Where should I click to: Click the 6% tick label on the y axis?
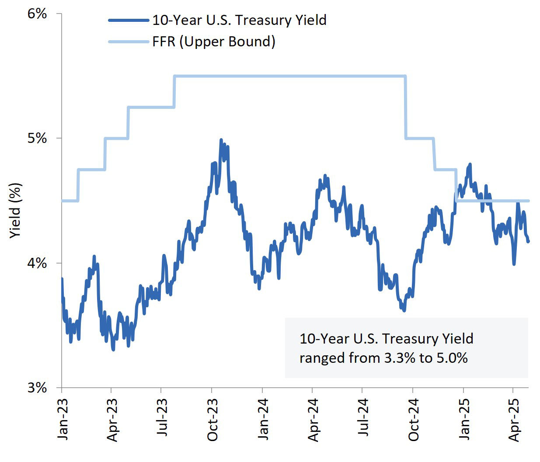pyautogui.click(x=37, y=14)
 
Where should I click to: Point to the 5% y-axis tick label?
pyautogui.click(x=37, y=138)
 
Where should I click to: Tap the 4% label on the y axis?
pyautogui.click(x=37, y=263)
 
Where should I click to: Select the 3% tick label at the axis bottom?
pyautogui.click(x=37, y=388)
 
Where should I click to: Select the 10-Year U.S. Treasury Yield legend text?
pyautogui.click(x=239, y=20)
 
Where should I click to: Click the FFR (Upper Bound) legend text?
pyautogui.click(x=214, y=42)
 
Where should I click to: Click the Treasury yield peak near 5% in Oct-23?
pyautogui.click(x=221, y=140)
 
